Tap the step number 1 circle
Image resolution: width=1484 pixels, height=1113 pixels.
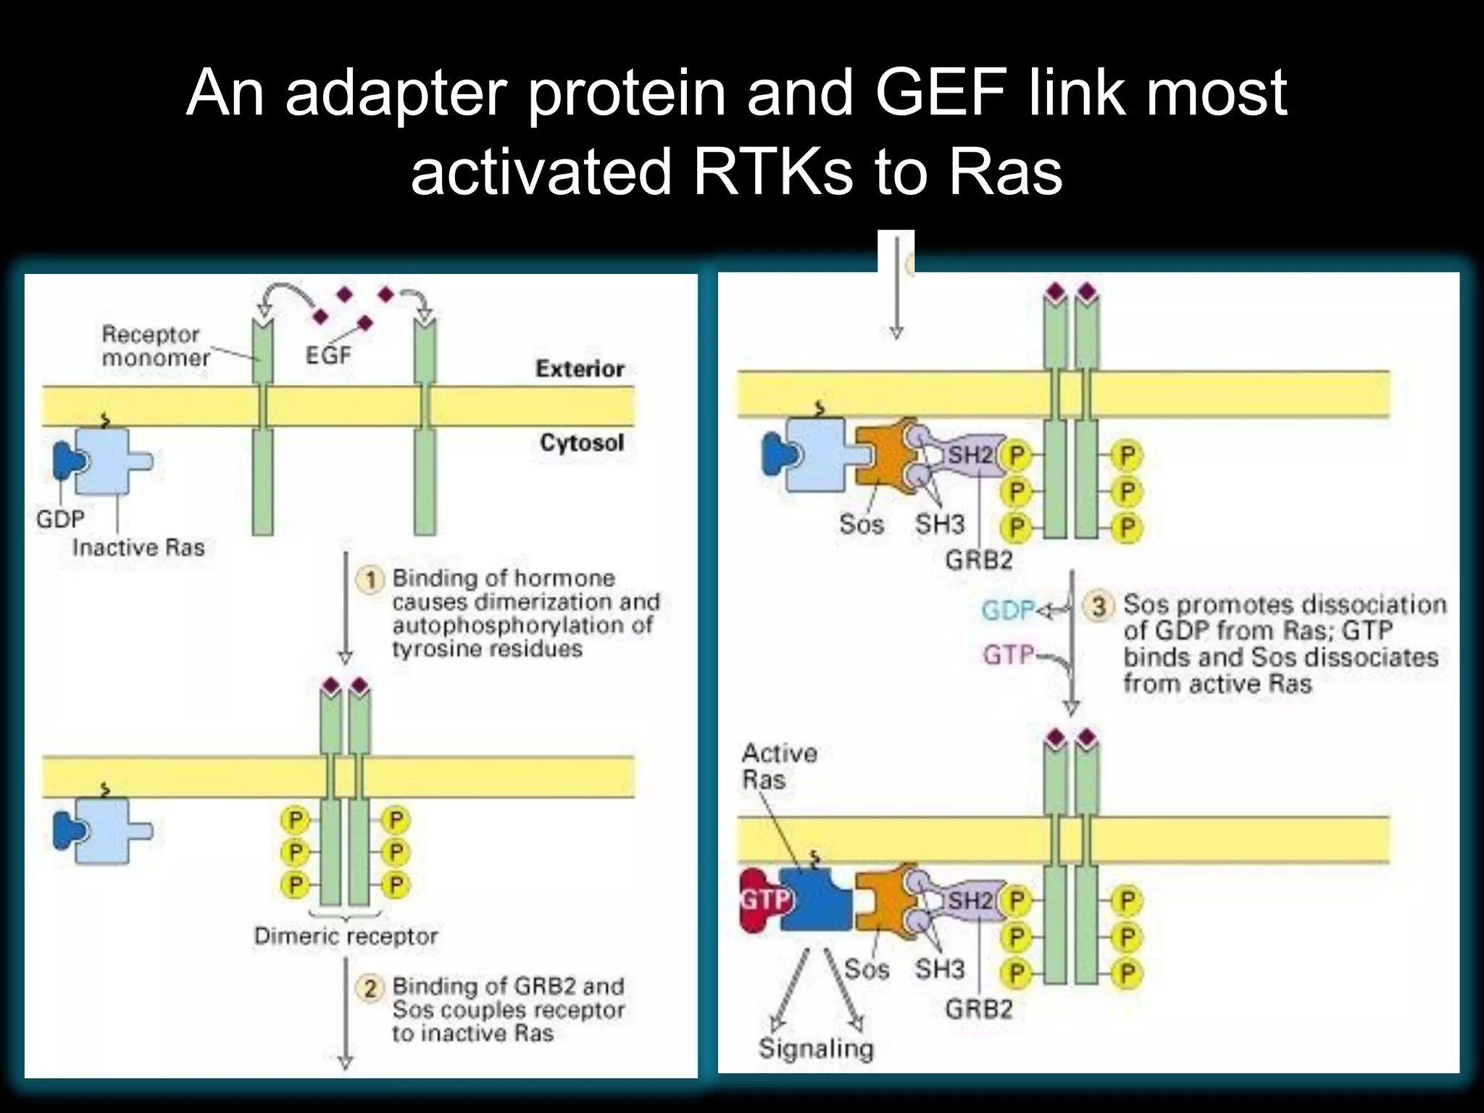pyautogui.click(x=371, y=580)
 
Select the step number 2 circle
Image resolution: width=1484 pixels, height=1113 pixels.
pyautogui.click(x=370, y=988)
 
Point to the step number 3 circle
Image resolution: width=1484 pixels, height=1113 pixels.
pyautogui.click(x=1099, y=606)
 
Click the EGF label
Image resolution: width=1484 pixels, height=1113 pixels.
pyautogui.click(x=328, y=355)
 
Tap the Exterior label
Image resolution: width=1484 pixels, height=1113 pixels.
pyautogui.click(x=580, y=369)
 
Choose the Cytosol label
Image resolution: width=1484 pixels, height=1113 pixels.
pyautogui.click(x=581, y=442)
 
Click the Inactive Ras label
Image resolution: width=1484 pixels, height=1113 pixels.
pyautogui.click(x=138, y=547)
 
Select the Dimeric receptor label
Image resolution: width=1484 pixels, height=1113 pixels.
pyautogui.click(x=346, y=936)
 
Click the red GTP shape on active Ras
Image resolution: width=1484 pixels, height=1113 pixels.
pyautogui.click(x=763, y=900)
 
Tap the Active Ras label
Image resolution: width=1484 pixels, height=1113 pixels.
pyautogui.click(x=778, y=766)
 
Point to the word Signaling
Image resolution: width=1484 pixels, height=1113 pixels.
pyautogui.click(x=816, y=1049)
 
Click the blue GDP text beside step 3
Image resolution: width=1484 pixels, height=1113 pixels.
pyautogui.click(x=1007, y=611)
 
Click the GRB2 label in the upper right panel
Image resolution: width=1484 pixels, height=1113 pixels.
pyautogui.click(x=978, y=559)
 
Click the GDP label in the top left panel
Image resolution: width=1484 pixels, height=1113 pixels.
pyautogui.click(x=60, y=519)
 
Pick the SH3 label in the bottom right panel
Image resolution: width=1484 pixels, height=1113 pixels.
pyautogui.click(x=939, y=969)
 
